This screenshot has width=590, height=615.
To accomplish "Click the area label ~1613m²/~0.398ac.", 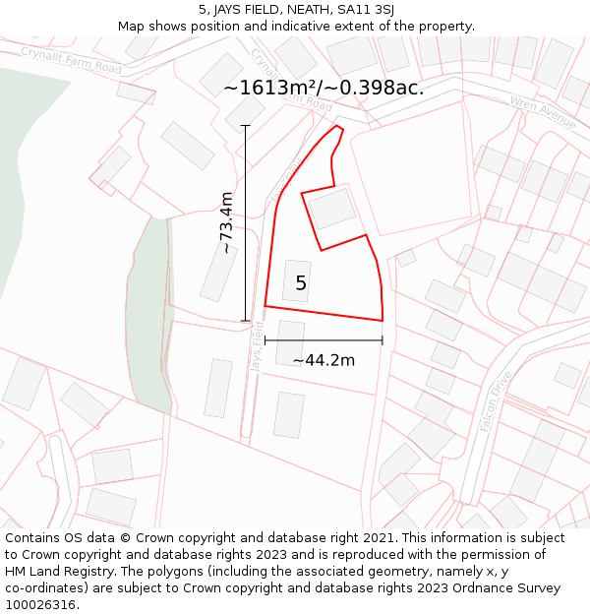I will coord(324,88).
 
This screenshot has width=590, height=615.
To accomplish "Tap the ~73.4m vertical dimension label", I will coord(227,223).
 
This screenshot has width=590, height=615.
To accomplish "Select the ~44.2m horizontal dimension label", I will coord(324,360).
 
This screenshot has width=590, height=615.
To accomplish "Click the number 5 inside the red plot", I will coord(301,283).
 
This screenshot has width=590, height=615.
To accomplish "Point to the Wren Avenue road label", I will coord(542,112).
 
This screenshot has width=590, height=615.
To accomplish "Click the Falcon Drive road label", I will coord(498,402).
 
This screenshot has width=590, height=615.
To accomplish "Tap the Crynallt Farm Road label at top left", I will coord(71,60).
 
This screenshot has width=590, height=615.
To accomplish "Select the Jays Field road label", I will coord(257,346).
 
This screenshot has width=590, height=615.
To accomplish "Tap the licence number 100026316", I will coord(40,605).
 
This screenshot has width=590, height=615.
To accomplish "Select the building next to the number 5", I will coord(296,280).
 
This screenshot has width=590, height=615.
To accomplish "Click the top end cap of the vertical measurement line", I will coord(245,126).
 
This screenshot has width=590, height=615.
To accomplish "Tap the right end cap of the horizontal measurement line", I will coord(382,341).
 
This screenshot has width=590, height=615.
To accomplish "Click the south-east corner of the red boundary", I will coord(382,320).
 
